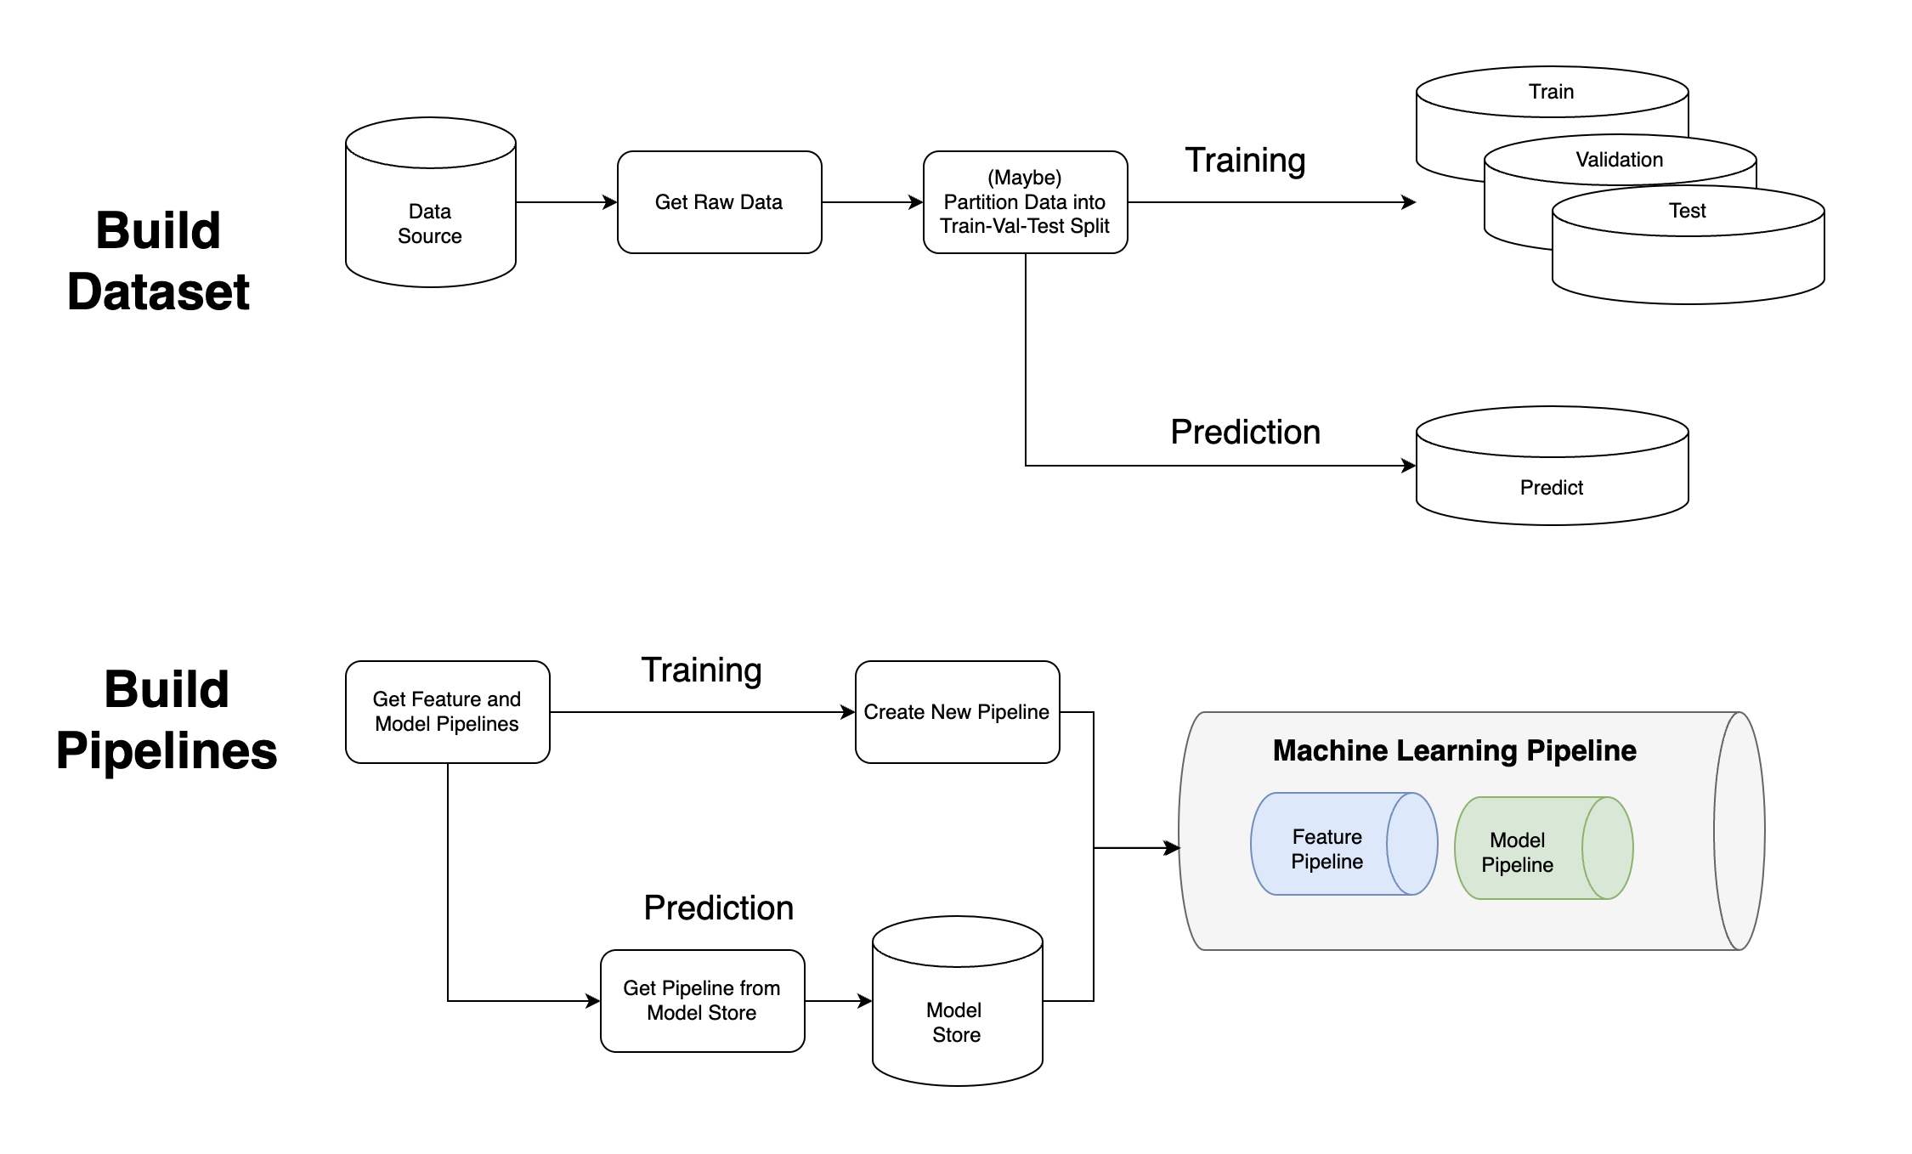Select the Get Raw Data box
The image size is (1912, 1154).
coord(719,202)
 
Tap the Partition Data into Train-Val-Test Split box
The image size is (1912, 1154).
coord(1025,202)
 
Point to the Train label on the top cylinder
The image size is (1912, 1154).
coord(1551,92)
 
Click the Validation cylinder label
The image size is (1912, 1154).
coord(1619,160)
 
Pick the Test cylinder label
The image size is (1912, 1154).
coord(1687,211)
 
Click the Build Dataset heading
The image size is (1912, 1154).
coord(158,261)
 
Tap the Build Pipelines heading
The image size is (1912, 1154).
coord(167,720)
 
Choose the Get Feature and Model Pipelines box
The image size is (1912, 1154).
coord(447,712)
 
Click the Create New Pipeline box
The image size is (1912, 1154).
coord(957,712)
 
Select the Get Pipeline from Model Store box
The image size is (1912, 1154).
coord(702,1000)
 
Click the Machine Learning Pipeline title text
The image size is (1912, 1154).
coord(1454,750)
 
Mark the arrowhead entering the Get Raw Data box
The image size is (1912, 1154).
coord(610,202)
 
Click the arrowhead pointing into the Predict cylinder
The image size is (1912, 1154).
coord(1409,466)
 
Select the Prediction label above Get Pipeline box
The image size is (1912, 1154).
coord(718,908)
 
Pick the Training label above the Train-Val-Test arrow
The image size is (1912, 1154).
coord(1245,160)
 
